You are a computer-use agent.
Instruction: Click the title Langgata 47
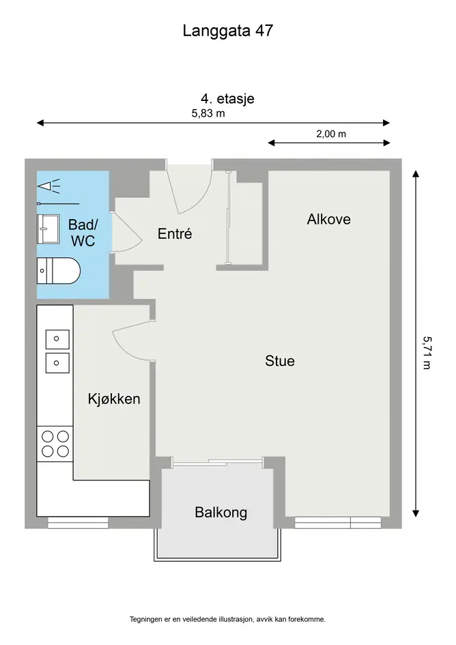tap(227, 31)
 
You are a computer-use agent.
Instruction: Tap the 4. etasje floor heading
tap(227, 99)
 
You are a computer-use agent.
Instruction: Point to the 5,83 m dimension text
tap(208, 113)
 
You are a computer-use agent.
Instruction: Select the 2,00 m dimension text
tap(331, 134)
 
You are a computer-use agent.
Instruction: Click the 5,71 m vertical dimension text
tap(427, 352)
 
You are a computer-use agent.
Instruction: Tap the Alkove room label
tap(329, 219)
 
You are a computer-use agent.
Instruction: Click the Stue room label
tap(280, 361)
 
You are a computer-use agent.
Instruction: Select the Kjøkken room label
tap(114, 399)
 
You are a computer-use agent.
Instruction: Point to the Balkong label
tap(221, 513)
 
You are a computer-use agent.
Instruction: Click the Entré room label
tap(175, 233)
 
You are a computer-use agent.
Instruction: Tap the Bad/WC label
tap(83, 233)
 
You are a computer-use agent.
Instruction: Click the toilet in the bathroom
tap(59, 271)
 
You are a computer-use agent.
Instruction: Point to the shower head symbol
tap(49, 186)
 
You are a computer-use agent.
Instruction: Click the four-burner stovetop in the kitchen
tap(55, 444)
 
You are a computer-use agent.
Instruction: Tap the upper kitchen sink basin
tap(57, 339)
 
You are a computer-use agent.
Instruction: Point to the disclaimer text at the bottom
tap(227, 619)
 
